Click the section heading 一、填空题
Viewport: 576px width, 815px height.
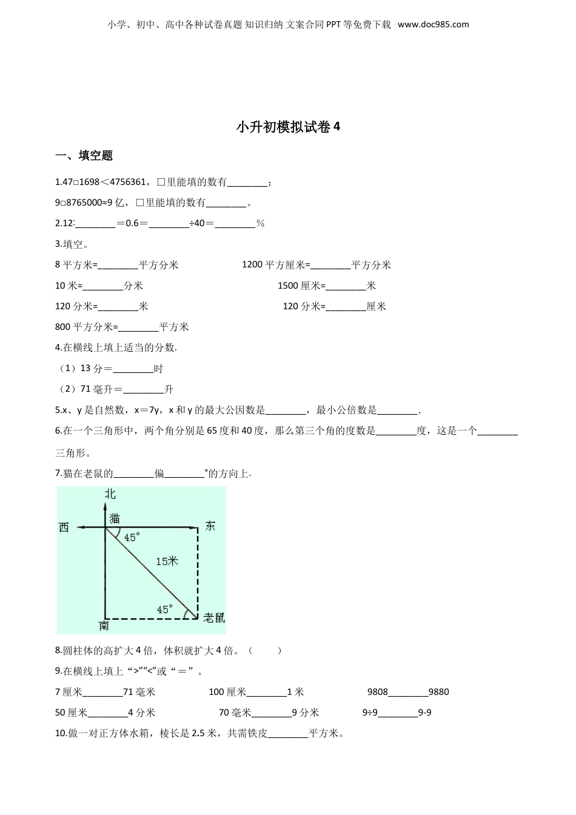tap(84, 156)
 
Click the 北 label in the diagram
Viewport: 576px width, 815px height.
tap(110, 494)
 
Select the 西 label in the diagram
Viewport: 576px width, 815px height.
tap(64, 528)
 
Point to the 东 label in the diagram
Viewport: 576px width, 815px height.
tap(210, 526)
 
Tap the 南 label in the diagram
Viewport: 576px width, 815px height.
tap(104, 625)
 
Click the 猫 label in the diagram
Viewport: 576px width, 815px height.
tap(115, 518)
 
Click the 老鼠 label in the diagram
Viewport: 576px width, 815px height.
tap(214, 617)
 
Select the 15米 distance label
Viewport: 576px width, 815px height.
tap(167, 562)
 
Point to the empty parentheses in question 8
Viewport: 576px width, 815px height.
tap(266, 651)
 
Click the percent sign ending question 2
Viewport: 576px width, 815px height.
tap(260, 224)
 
